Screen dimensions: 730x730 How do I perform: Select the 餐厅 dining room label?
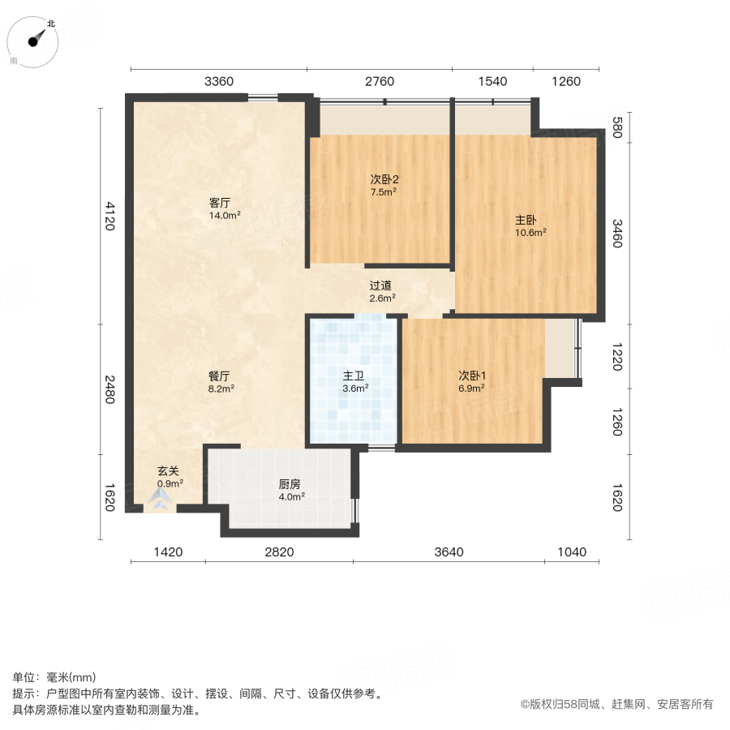220,376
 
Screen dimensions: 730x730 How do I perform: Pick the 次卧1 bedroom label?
472,376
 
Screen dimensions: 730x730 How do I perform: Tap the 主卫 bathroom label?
354,376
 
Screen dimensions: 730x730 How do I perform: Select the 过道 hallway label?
381,286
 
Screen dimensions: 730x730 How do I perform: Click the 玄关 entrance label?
169,471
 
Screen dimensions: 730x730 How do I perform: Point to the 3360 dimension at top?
219,81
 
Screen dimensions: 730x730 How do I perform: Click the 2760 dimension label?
380,81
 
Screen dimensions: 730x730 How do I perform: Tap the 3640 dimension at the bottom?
449,552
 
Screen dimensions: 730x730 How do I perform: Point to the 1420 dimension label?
168,552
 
